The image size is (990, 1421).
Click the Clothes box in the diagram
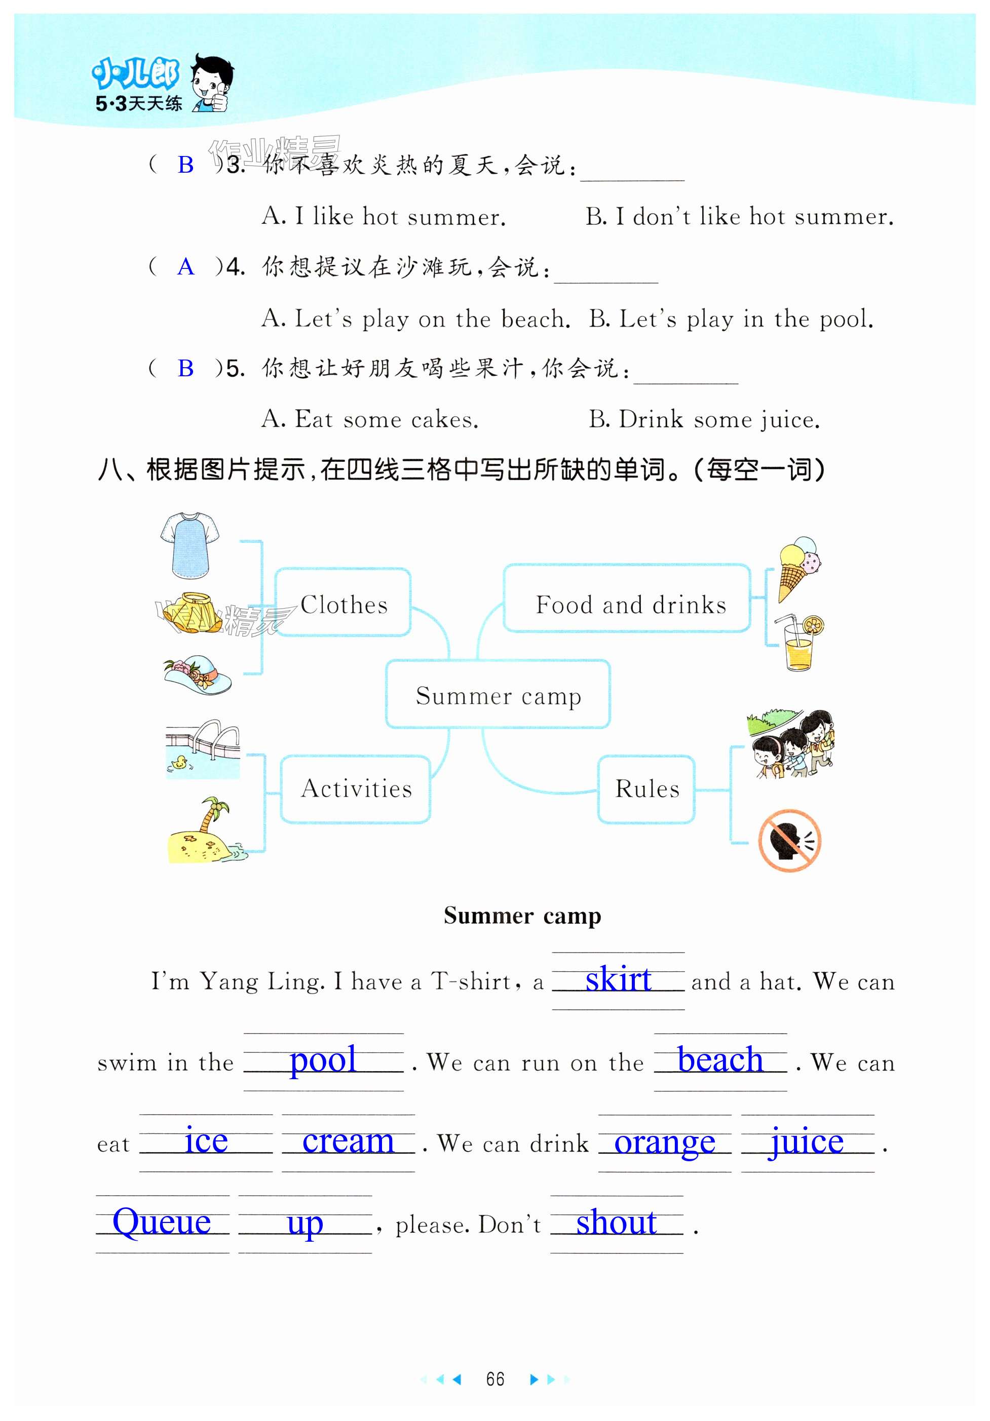(x=343, y=602)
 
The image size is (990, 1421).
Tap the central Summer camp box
(x=498, y=694)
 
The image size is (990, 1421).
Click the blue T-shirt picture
(x=189, y=545)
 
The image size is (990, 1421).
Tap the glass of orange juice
(x=801, y=644)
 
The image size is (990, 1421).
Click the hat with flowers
(x=198, y=674)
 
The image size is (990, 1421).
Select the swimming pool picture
(x=203, y=748)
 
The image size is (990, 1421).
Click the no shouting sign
(x=789, y=840)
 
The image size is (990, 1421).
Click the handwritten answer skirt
(x=618, y=980)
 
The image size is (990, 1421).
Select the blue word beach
(x=719, y=1061)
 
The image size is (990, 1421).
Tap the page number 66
(x=494, y=1379)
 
